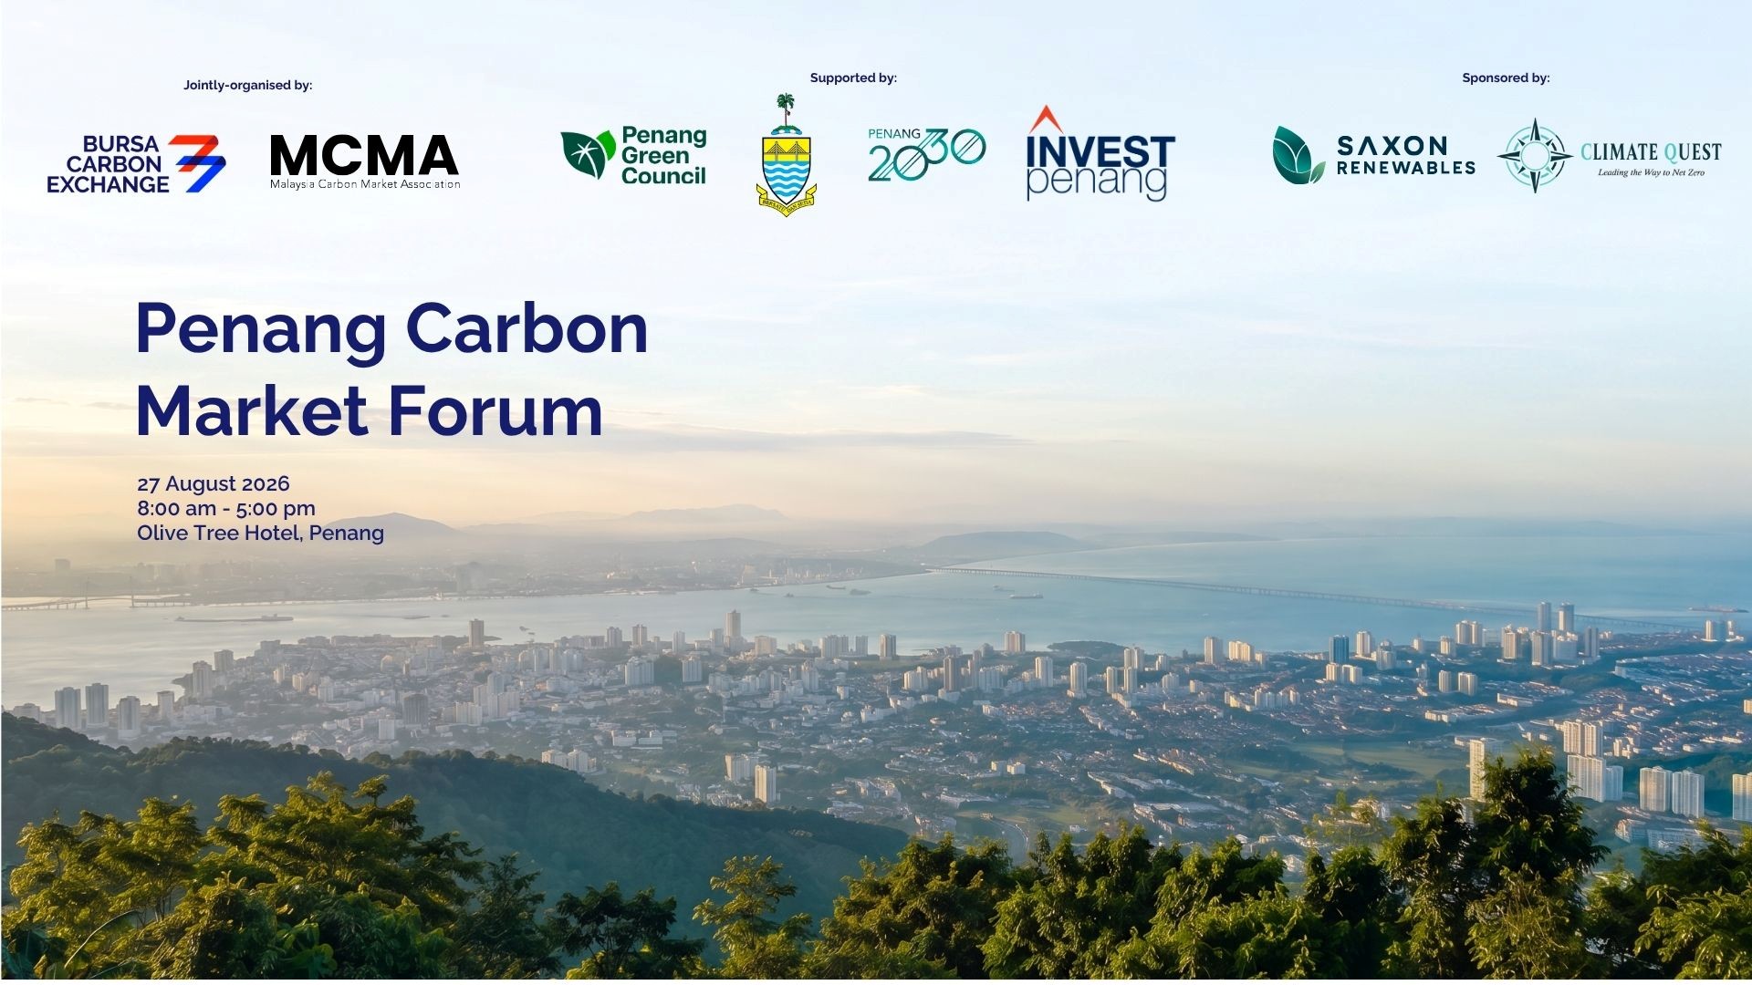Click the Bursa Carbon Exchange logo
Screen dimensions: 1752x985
136,164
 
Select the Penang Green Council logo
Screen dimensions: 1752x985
634,155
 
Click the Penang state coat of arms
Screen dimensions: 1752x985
786,154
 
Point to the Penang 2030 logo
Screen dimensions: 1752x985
926,154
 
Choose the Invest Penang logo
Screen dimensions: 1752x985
1100,153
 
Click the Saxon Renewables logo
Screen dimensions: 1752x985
1374,155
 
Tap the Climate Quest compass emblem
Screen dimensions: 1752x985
1535,155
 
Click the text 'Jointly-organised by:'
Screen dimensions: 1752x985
248,85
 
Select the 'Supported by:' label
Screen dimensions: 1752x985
853,78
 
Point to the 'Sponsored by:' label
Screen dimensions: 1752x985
1506,78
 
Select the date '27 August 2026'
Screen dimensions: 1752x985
214,483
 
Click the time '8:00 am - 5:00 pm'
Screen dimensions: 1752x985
226,508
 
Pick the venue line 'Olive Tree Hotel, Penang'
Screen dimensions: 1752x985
260,533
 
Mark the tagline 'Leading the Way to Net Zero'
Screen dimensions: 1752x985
1651,172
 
